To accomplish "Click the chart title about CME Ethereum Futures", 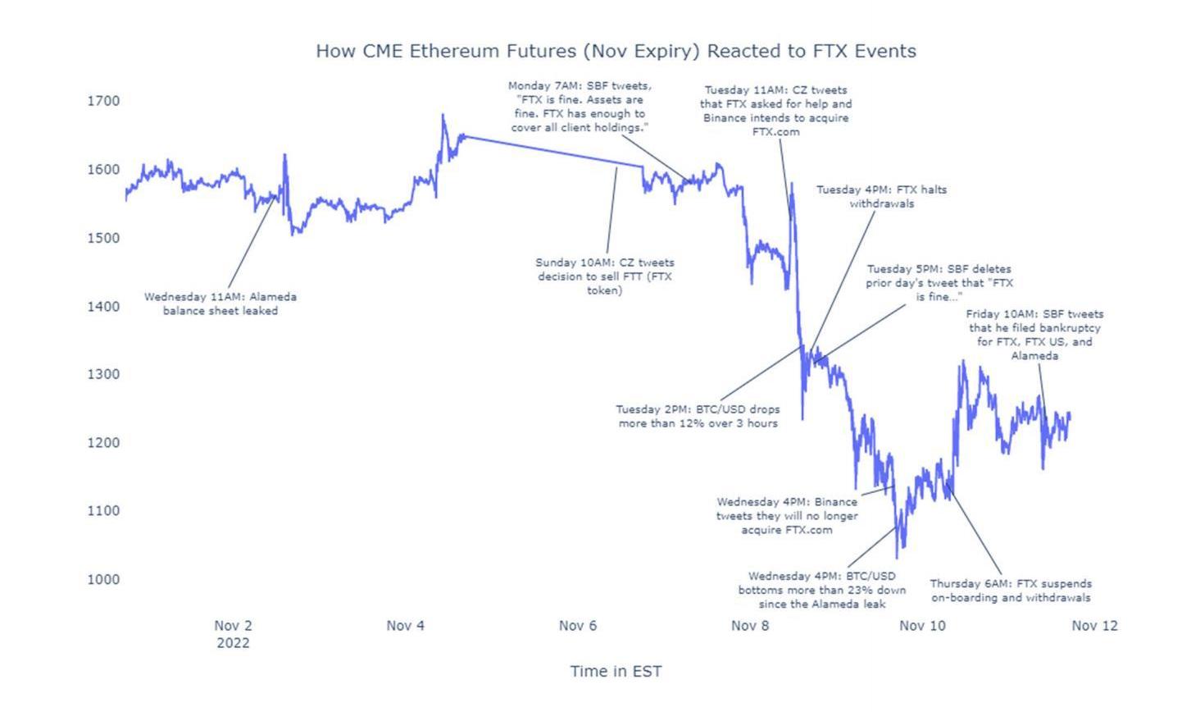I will coord(616,51).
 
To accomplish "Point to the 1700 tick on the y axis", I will coord(103,101).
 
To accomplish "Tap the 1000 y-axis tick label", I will coord(103,579).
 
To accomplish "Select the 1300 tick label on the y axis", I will coord(103,374).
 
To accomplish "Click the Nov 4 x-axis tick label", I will coord(405,626).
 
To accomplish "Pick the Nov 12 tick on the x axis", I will coord(1094,626).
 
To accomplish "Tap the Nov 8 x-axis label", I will coord(750,626).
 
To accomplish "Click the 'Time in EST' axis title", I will coord(616,672).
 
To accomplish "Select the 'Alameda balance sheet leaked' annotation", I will coord(220,304).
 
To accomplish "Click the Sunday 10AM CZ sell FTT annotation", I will coord(605,276).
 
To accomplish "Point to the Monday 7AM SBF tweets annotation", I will coord(580,107).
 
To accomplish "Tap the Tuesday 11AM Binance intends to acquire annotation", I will coord(775,111).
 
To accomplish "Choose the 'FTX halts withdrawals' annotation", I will coord(881,196).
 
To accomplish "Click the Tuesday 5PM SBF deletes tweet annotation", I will coord(939,283).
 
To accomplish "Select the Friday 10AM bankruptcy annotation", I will coord(1034,335).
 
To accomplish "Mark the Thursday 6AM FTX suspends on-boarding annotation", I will coord(1011,591).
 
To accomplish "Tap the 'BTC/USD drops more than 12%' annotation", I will coord(698,416).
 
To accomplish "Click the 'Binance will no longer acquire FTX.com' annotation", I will coord(787,516).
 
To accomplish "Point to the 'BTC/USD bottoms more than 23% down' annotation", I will coord(822,590).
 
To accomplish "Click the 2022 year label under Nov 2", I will coord(233,643).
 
